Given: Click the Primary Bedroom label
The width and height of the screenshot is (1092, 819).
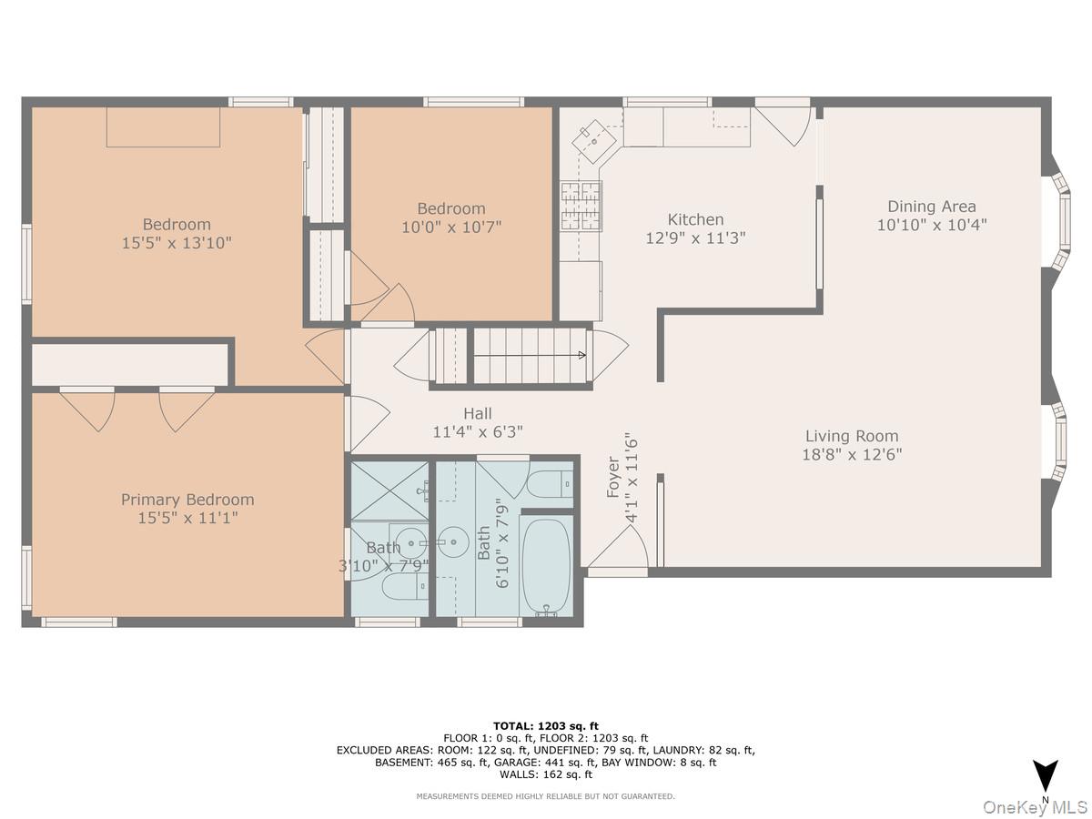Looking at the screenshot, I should point(187,500).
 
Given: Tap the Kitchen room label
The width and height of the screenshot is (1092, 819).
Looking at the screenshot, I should point(695,219).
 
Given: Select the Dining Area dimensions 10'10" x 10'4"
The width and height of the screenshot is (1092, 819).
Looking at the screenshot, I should point(932,225).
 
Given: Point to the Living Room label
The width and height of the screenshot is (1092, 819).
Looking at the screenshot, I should point(851,436).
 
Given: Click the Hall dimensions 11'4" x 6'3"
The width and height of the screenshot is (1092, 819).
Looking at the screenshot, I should point(478,432).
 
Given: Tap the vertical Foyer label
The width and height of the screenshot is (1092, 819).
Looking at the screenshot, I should point(613,477).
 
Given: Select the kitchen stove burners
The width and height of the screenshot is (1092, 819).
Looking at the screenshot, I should point(581,206).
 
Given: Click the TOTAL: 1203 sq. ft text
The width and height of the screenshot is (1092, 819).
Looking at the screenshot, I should point(546,725).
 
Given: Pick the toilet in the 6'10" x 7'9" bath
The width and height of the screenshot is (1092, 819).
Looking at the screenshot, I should point(549,485).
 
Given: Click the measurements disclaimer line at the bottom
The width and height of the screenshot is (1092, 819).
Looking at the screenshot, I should point(546,796).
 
